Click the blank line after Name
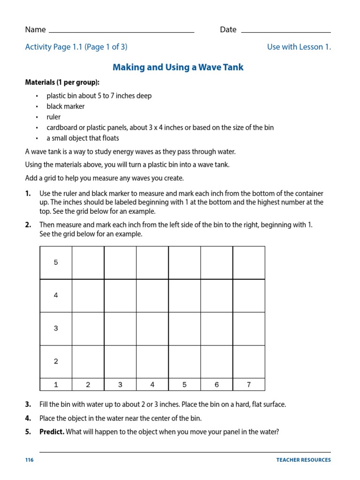click(x=121, y=31)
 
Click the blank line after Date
click(x=286, y=31)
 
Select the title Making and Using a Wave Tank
click(x=178, y=67)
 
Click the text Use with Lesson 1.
click(x=299, y=47)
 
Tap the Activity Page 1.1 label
click(x=76, y=47)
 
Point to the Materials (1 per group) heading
click(x=62, y=82)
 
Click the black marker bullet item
click(x=66, y=106)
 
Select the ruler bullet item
click(x=53, y=117)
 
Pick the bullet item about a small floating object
click(x=82, y=138)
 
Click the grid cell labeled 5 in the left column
click(x=56, y=262)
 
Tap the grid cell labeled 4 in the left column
click(x=56, y=295)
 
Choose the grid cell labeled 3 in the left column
click(x=56, y=328)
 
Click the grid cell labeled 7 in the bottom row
click(x=249, y=385)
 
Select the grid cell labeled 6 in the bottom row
click(x=217, y=385)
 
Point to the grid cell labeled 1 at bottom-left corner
click(x=56, y=385)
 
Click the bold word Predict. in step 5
click(x=52, y=432)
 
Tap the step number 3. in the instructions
click(x=28, y=405)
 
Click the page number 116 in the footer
click(x=30, y=460)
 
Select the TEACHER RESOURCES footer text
click(x=303, y=460)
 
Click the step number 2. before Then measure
click(x=28, y=225)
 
